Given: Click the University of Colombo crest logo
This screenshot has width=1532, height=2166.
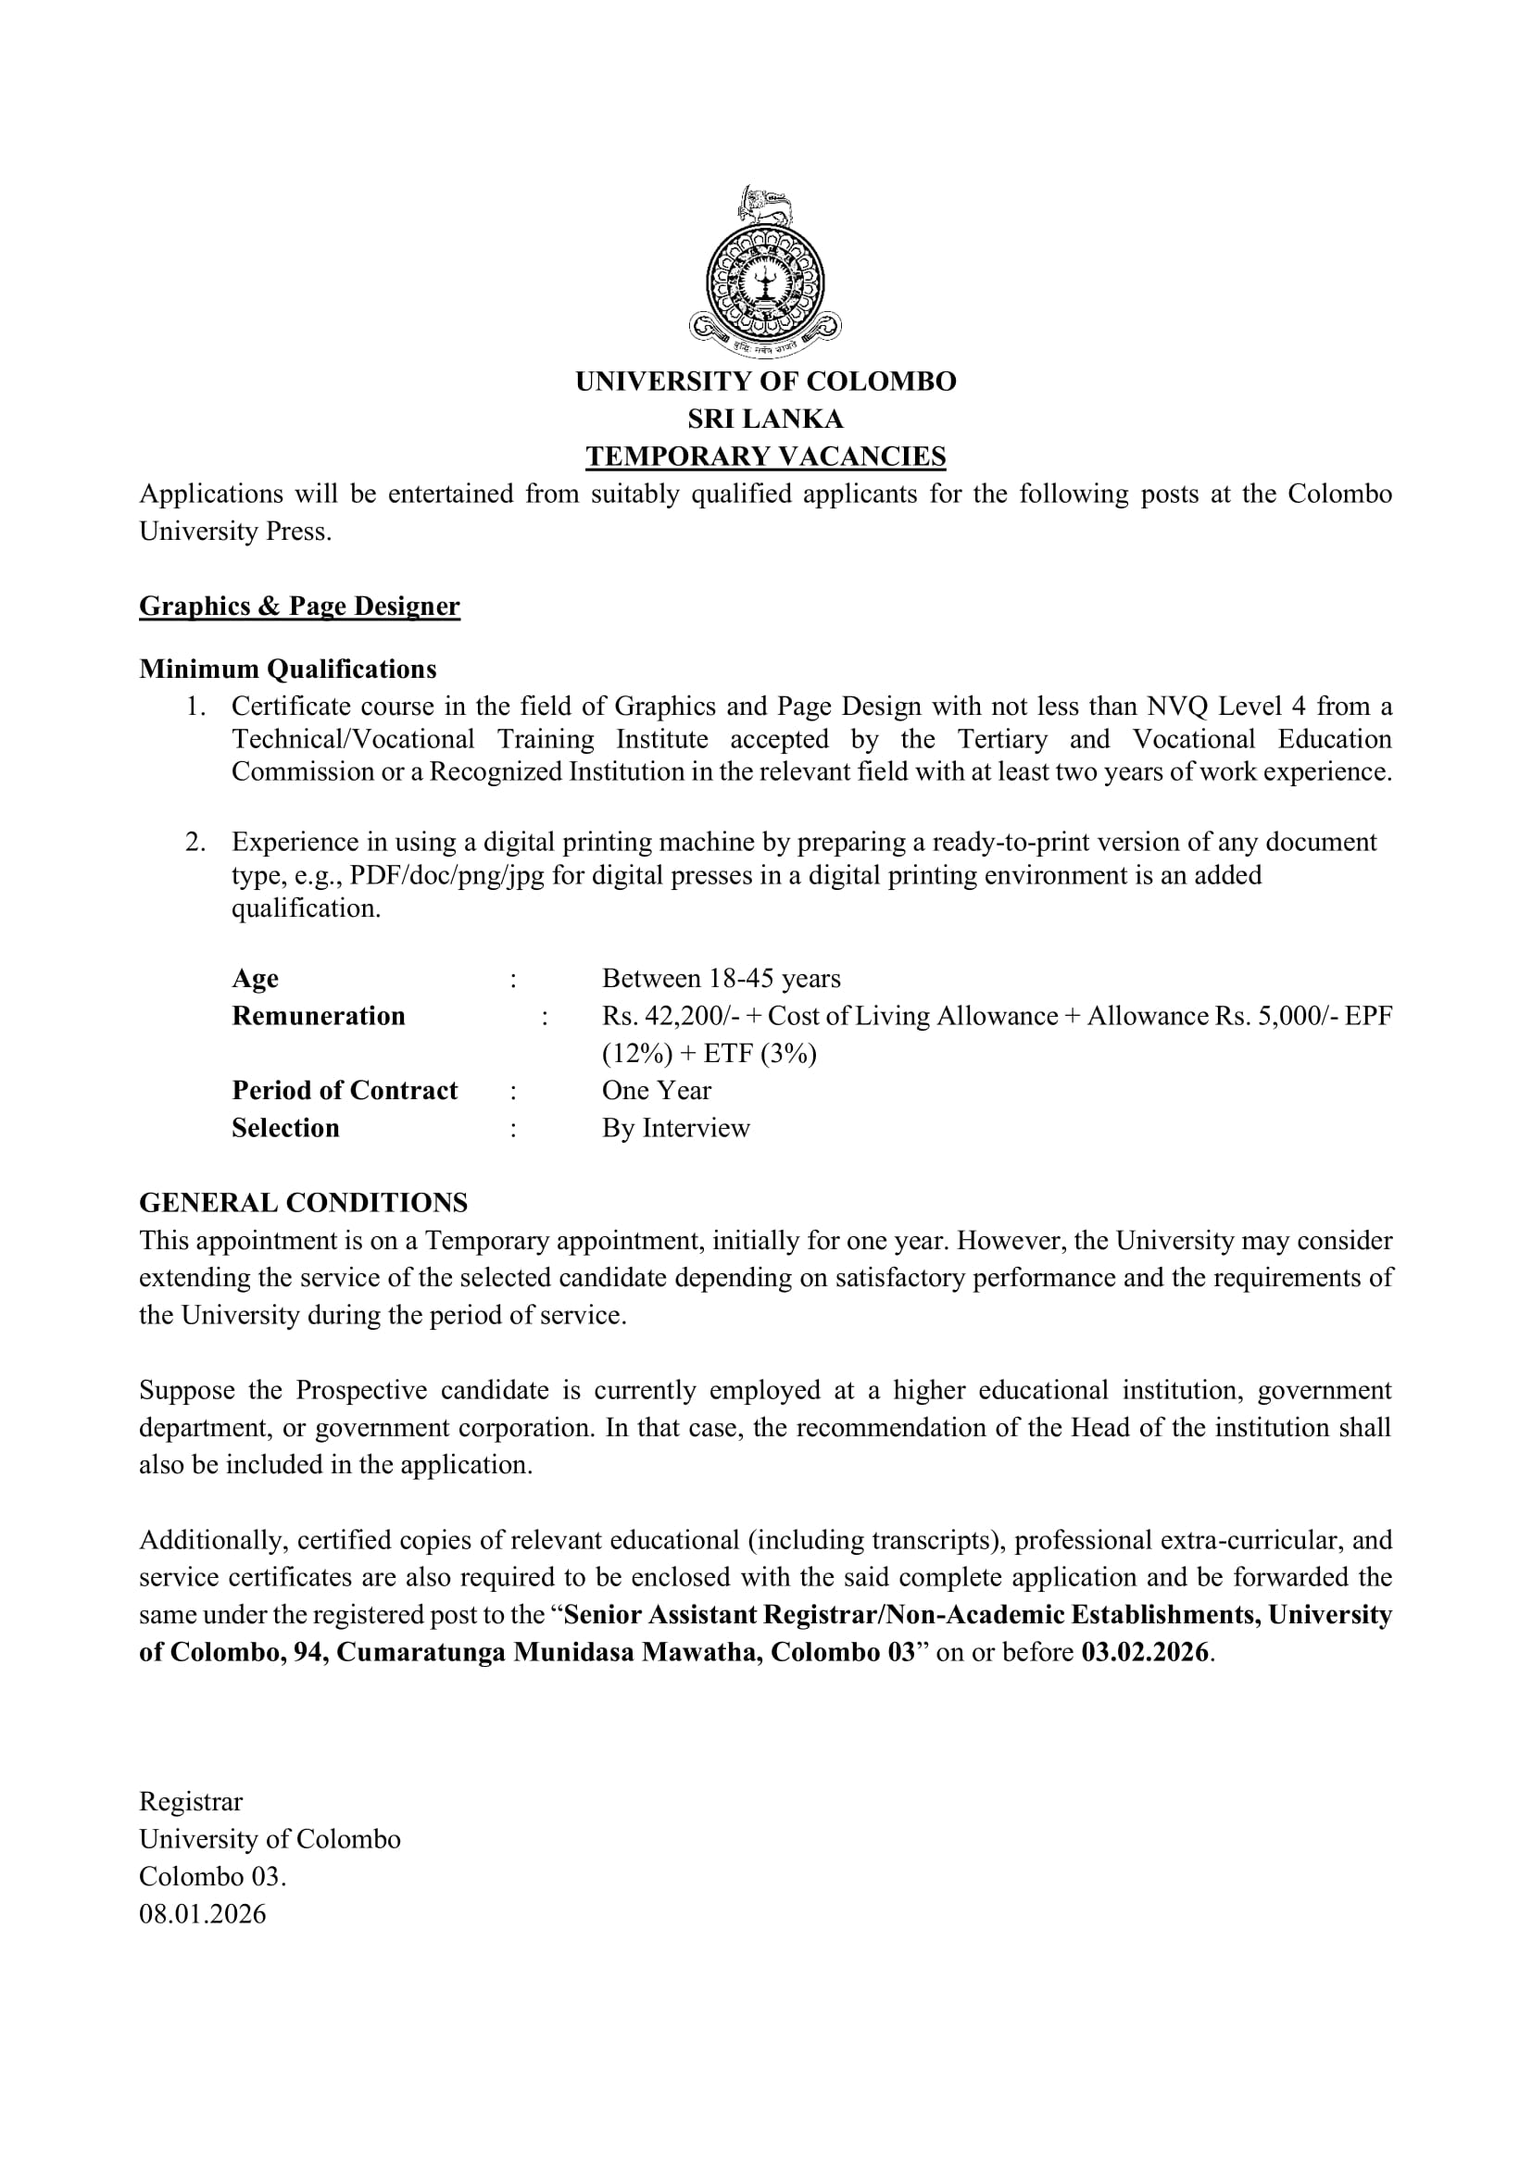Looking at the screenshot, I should tap(765, 271).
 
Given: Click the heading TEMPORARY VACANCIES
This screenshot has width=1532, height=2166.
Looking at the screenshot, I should tap(765, 457).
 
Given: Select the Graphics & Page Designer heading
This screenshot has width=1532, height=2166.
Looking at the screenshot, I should tap(299, 606).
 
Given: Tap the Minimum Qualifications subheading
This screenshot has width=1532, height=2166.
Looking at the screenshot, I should tap(288, 669).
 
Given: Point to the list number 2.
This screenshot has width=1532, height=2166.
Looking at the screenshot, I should tap(195, 842).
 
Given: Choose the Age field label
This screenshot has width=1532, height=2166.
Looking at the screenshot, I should tap(255, 978).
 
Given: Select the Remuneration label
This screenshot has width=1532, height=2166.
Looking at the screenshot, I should tap(318, 1016).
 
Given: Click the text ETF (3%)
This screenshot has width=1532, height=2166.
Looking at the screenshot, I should tap(760, 1053).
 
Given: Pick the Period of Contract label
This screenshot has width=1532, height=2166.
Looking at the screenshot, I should tap(345, 1091).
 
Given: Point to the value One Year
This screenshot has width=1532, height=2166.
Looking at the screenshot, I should tap(657, 1091).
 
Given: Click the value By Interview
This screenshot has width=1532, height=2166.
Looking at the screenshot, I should tap(675, 1128).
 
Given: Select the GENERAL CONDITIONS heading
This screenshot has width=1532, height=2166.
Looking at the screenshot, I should tap(303, 1203).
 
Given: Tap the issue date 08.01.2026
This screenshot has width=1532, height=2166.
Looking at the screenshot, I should tap(203, 1914).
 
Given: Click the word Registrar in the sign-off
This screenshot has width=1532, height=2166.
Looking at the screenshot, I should tap(191, 1802).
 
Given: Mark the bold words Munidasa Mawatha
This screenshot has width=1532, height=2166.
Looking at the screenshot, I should tap(636, 1653).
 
